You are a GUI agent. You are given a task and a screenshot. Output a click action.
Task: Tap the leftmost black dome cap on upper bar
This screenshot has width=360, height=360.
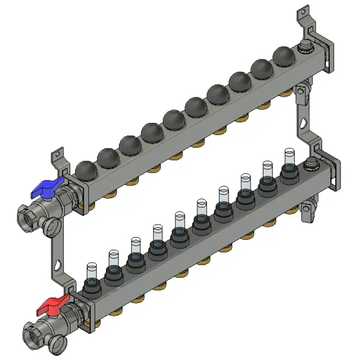(x=86, y=170)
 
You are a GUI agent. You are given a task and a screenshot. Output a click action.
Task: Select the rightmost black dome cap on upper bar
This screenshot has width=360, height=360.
(x=283, y=55)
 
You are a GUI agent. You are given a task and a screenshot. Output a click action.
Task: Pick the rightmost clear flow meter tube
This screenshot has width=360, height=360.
(x=289, y=155)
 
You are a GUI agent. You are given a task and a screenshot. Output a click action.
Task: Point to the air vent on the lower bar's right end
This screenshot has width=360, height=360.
(x=309, y=165)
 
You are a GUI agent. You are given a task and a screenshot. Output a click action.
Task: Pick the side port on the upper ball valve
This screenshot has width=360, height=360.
(x=52, y=225)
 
